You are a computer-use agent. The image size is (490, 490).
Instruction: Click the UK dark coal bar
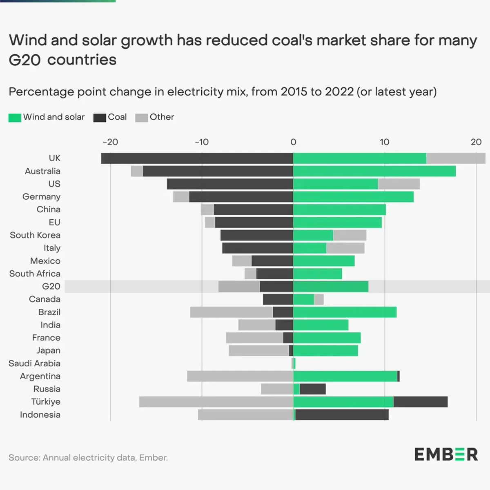(197, 158)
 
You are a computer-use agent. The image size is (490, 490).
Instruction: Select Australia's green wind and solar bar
(374, 171)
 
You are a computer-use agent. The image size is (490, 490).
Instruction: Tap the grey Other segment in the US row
(399, 184)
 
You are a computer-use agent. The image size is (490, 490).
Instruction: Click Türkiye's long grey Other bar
(216, 402)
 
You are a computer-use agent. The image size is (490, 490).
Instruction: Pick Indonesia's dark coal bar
(342, 415)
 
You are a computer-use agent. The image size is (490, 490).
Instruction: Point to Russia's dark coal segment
(312, 389)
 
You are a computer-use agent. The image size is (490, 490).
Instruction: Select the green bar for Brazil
(345, 312)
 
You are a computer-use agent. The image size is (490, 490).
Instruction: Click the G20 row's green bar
(331, 287)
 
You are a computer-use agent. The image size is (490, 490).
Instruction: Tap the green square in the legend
(15, 118)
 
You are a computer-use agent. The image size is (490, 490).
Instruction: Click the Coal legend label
(117, 117)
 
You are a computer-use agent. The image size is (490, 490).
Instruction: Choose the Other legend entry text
(162, 117)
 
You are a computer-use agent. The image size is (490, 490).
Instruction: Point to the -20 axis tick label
(110, 142)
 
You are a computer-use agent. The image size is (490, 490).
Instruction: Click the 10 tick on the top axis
(384, 142)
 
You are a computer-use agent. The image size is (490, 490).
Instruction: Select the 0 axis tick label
(293, 142)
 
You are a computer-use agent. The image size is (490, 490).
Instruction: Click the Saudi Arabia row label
(34, 363)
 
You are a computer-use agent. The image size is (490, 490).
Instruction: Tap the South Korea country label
(35, 235)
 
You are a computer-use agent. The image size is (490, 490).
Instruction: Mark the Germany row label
(41, 197)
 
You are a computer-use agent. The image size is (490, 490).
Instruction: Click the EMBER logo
(446, 454)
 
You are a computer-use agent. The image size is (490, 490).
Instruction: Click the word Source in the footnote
(24, 458)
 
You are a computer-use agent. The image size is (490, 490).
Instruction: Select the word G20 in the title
(24, 60)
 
